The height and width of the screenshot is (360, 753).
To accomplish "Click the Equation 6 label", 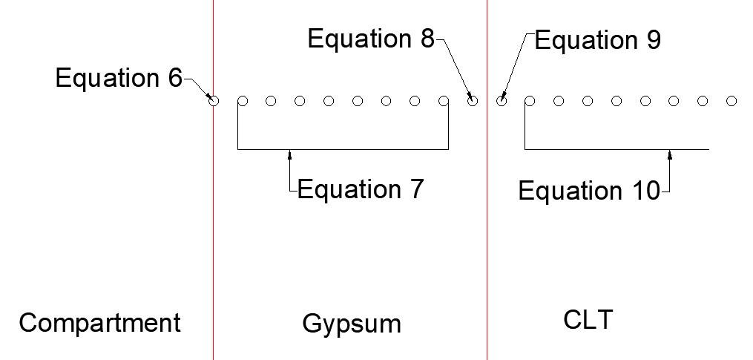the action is tap(119, 78).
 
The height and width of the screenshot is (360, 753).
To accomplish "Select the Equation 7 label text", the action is tap(361, 190).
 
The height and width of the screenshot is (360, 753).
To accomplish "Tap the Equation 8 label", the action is tap(371, 39).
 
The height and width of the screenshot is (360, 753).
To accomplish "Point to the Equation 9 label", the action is tap(597, 40).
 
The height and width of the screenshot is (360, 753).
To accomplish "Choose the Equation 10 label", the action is tap(588, 192).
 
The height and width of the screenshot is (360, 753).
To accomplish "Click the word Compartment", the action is tap(99, 323).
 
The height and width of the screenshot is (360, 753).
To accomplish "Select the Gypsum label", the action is tap(352, 324).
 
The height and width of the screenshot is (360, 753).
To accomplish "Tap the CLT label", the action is tap(588, 320).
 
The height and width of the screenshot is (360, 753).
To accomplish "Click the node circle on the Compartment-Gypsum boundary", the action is tap(214, 101).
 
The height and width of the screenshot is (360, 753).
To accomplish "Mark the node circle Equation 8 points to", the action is tap(473, 101).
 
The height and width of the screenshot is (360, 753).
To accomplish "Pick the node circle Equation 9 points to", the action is tap(502, 101).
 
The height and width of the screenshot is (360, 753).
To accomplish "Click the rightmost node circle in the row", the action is tap(732, 101).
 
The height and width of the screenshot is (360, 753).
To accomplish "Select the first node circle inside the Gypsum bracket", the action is tap(242, 101).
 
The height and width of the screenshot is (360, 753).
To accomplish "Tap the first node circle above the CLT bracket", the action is tap(530, 101).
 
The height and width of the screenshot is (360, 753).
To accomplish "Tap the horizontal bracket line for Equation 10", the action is tap(616, 149).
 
